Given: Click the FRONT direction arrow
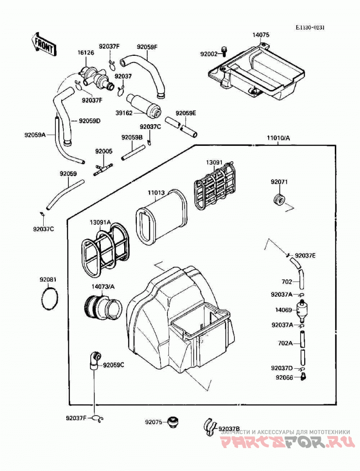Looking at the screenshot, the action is pyautogui.click(x=44, y=44).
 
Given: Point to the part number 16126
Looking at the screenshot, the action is pyautogui.click(x=86, y=53).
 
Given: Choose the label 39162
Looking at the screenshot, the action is pyautogui.click(x=124, y=113).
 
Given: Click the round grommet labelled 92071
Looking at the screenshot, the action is pyautogui.click(x=279, y=200).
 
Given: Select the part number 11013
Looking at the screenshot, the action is pyautogui.click(x=156, y=192).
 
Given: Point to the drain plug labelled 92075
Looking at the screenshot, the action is pyautogui.click(x=172, y=422).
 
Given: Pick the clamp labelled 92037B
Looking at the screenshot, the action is pyautogui.click(x=210, y=426).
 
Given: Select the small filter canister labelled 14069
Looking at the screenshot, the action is pyautogui.click(x=302, y=310).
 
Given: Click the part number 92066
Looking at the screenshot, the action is pyautogui.click(x=284, y=377).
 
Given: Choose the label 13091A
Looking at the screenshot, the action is pyautogui.click(x=100, y=222).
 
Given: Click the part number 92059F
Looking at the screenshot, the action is pyautogui.click(x=147, y=47).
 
